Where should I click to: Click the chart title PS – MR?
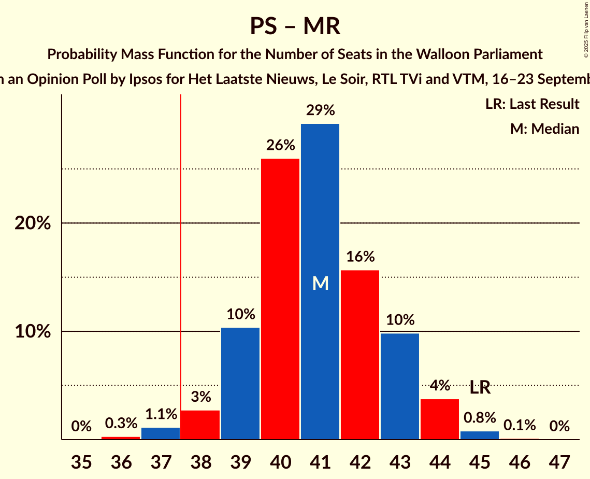295,26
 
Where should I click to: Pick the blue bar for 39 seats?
240,384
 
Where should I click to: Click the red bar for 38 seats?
200,425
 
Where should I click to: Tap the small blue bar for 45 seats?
480,435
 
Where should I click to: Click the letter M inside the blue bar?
321,283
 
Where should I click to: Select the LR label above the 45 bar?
480,387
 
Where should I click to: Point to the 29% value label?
320,110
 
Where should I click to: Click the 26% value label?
280,145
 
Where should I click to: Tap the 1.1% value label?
161,414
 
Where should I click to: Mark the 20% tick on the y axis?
33,223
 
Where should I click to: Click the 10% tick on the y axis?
33,332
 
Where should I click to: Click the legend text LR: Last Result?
532,104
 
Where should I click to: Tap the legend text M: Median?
544,129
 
